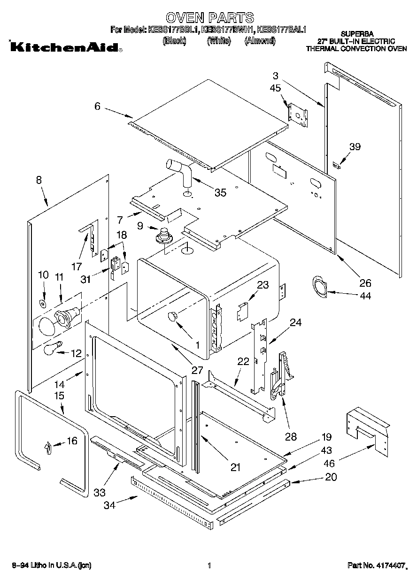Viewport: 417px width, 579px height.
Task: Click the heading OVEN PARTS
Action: pyautogui.click(x=210, y=18)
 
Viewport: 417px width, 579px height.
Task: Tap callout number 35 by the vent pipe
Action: pyautogui.click(x=220, y=192)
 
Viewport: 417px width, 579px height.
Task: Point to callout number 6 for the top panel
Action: pyautogui.click(x=97, y=107)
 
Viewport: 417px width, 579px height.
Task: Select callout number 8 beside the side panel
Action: pyautogui.click(x=39, y=180)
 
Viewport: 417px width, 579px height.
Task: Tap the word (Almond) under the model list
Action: pyautogui.click(x=260, y=41)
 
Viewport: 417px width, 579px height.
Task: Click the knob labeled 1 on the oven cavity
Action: pyautogui.click(x=173, y=317)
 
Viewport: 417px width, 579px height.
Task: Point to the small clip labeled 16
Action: pyautogui.click(x=47, y=448)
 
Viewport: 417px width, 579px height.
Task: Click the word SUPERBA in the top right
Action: pyautogui.click(x=357, y=34)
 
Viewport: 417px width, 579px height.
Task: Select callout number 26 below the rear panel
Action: pyautogui.click(x=364, y=282)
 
